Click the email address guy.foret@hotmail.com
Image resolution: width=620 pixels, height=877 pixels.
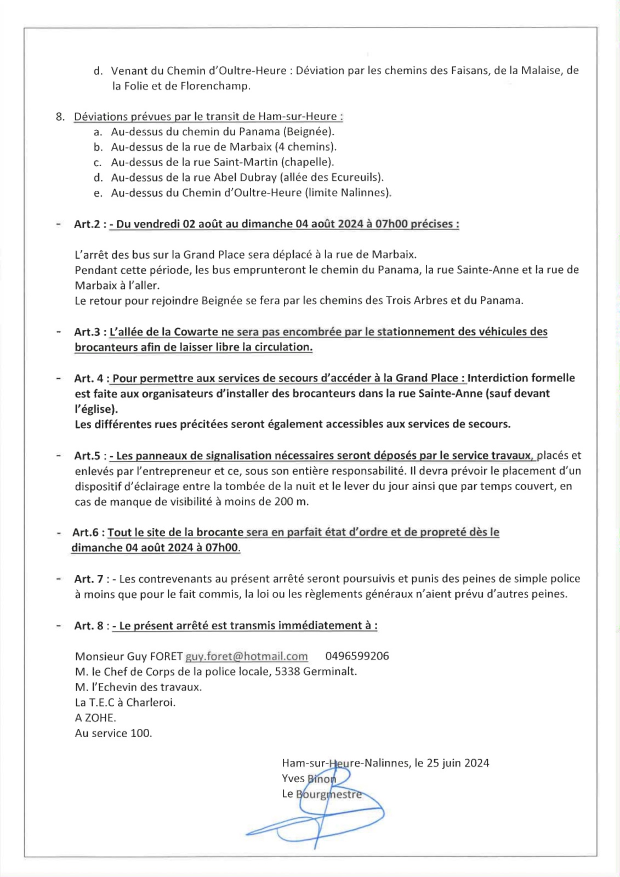pos(247,656)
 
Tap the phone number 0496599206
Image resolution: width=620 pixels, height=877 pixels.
pos(357,656)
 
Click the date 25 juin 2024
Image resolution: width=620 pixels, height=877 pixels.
pos(458,763)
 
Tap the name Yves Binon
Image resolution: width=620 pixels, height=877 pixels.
pos(309,778)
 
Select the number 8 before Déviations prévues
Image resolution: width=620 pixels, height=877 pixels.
pos(59,117)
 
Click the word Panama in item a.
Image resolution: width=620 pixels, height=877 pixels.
pos(269,132)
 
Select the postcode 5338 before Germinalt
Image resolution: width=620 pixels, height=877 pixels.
pos(287,671)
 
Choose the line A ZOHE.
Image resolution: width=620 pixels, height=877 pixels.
pos(95,717)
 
